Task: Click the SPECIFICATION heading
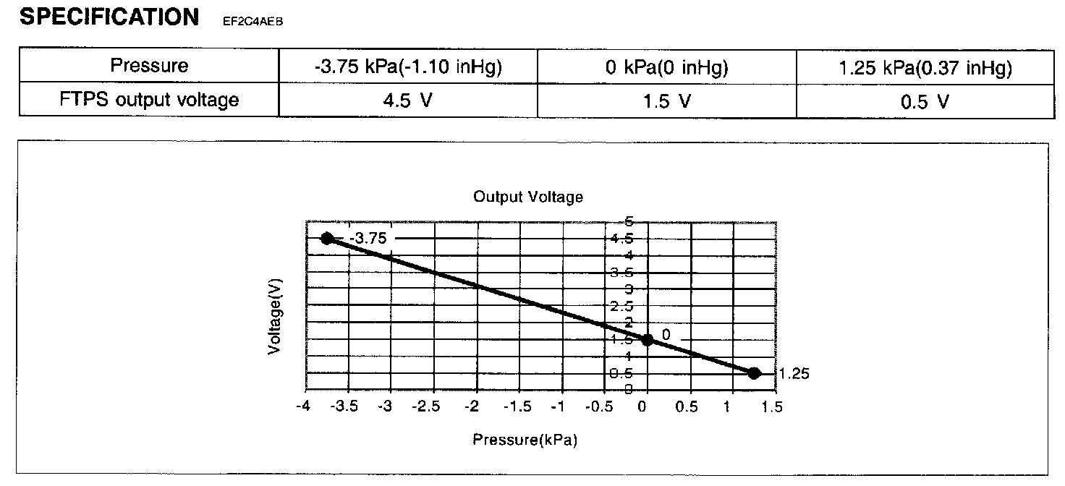coord(109,17)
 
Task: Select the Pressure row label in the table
coord(149,66)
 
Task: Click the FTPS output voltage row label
coord(149,100)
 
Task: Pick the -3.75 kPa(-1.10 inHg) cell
coord(408,67)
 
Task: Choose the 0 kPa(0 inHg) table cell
coord(666,67)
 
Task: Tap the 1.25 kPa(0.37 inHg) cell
coord(925,67)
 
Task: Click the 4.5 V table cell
coord(408,101)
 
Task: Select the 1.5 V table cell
coord(666,101)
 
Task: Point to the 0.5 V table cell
coord(925,102)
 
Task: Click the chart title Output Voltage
coord(528,197)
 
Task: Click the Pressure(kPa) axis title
coord(525,439)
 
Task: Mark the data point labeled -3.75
coord(327,239)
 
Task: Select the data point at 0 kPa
coord(648,339)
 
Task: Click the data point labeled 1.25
coord(754,373)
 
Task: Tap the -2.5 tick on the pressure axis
coord(431,406)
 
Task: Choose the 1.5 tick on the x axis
coord(773,406)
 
